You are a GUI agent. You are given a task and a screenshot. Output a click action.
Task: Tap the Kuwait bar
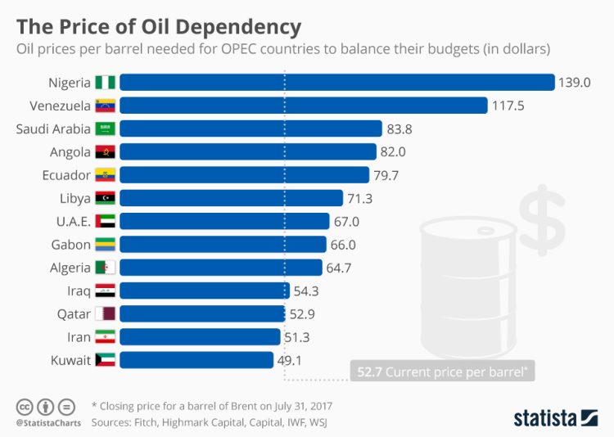pyautogui.click(x=197, y=360)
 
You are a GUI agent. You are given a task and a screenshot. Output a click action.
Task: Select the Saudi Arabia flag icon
pyautogui.click(x=106, y=128)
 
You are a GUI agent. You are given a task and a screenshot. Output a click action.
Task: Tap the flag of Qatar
pyautogui.click(x=106, y=313)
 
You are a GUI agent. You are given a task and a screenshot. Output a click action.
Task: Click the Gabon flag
pyautogui.click(x=106, y=245)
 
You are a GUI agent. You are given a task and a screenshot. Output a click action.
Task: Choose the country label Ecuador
pyautogui.click(x=65, y=175)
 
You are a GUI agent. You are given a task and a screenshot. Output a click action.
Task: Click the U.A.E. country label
pyautogui.click(x=70, y=221)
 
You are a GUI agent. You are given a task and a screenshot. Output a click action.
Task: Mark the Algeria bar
pyautogui.click(x=222, y=268)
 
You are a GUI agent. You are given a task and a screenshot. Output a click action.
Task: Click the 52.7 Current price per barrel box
pyautogui.click(x=443, y=371)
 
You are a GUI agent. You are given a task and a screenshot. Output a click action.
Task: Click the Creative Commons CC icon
pyautogui.click(x=25, y=406)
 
